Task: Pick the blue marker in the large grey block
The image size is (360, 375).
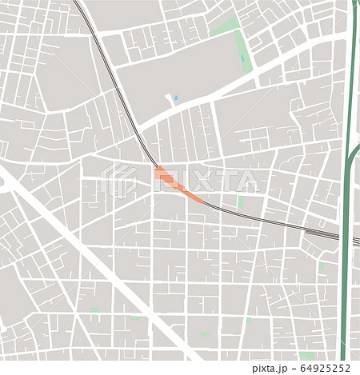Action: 177,99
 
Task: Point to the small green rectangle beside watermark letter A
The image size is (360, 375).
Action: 240,203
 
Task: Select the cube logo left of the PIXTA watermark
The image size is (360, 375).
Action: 120,179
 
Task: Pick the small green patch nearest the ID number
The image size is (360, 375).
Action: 306,355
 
